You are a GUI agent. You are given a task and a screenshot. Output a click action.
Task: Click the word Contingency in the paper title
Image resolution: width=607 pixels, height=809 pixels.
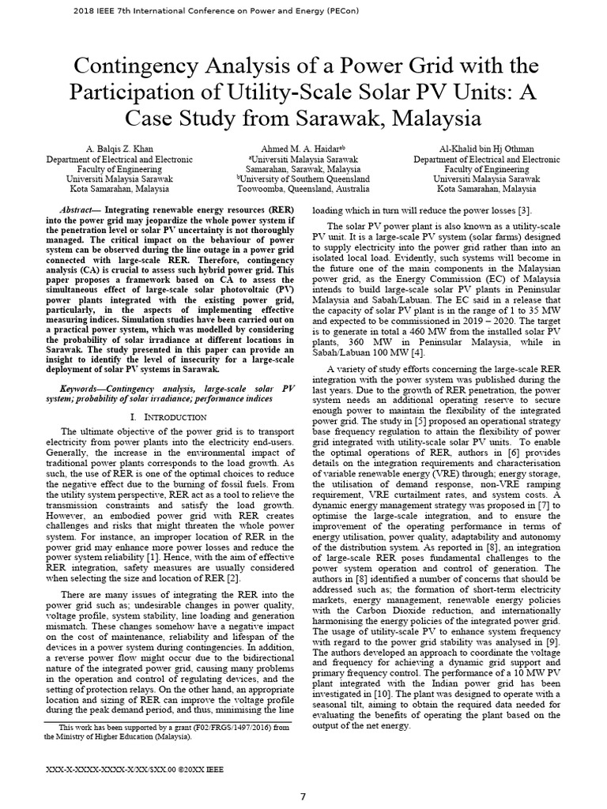tap(130, 65)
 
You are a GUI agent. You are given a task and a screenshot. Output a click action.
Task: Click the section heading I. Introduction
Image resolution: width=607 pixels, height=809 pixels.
tap(170, 416)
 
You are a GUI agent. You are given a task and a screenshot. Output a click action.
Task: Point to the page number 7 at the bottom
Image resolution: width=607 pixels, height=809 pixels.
tap(303, 796)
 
